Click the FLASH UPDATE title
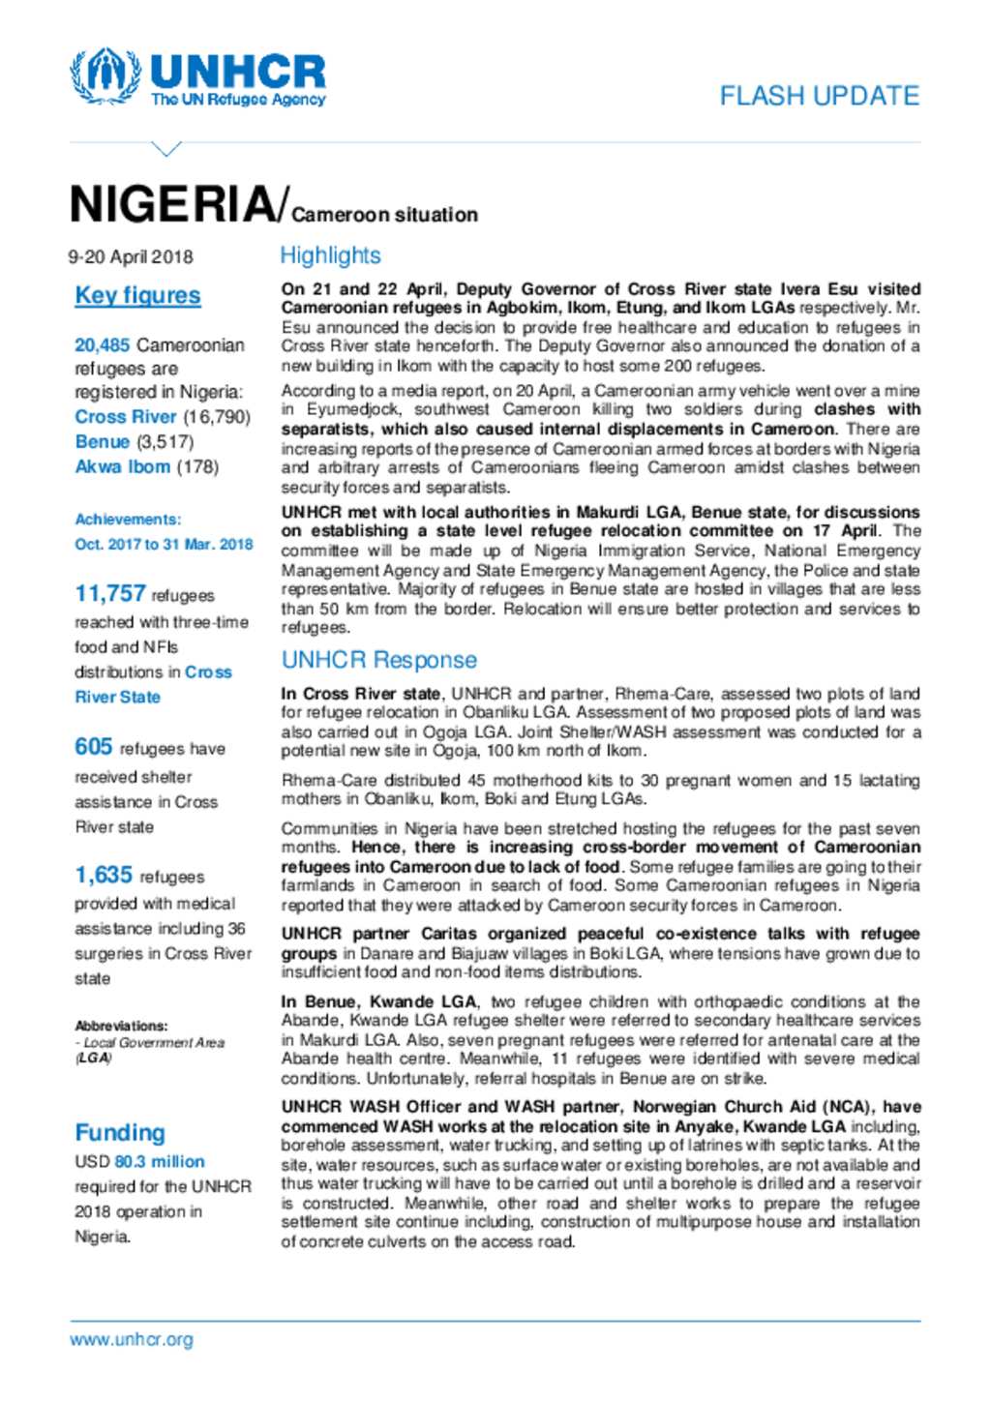tap(819, 96)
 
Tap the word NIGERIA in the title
tap(172, 205)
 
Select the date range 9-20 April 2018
tap(131, 257)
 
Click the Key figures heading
tap(137, 296)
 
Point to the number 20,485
tap(103, 345)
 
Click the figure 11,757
tap(110, 594)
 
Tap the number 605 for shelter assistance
tap(94, 747)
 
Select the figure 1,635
tap(104, 875)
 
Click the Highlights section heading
tap(330, 255)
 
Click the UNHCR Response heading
tap(378, 660)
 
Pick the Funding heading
tap(120, 1132)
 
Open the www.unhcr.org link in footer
tap(132, 1340)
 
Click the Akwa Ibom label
tap(123, 466)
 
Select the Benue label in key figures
tap(102, 441)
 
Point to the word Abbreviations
tap(121, 1026)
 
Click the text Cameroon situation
tap(384, 215)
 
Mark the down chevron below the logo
tap(166, 149)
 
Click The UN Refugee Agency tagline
tap(238, 100)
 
